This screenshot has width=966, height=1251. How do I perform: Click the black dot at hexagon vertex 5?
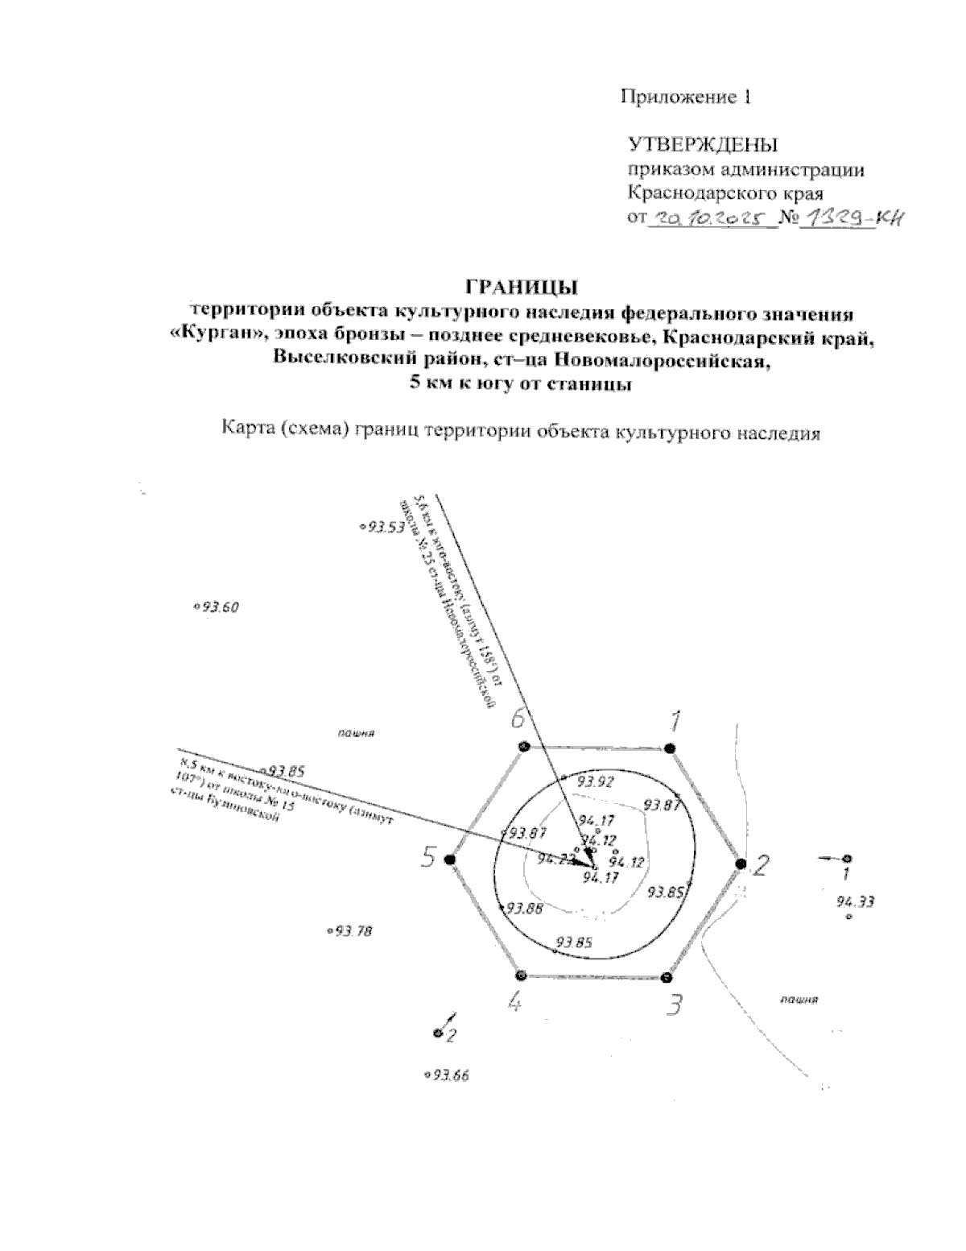(x=450, y=860)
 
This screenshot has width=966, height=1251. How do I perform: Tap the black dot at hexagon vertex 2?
(x=741, y=864)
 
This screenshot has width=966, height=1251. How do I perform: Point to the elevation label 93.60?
(x=220, y=607)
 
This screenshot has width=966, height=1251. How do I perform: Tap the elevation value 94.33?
(x=855, y=901)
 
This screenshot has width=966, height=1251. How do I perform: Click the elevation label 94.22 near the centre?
(x=556, y=859)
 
